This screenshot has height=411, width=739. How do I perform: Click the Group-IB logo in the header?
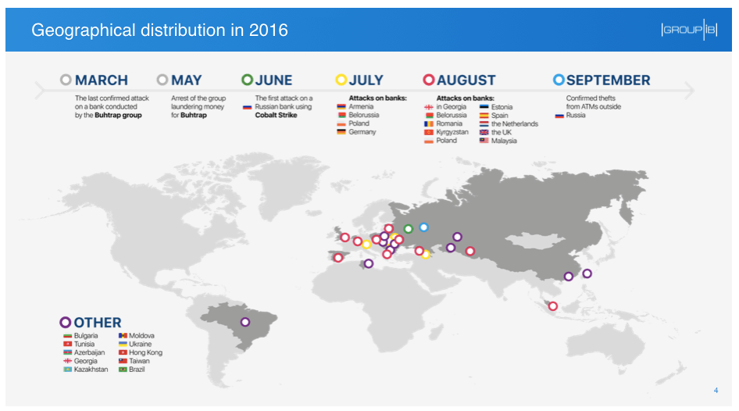[x=688, y=30]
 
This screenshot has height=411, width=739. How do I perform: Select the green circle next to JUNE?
[x=248, y=80]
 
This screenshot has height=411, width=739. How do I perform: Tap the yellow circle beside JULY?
[x=341, y=80]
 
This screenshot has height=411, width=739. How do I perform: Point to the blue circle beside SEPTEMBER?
[x=559, y=80]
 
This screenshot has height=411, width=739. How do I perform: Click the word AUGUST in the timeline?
[x=466, y=80]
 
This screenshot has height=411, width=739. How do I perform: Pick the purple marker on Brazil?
[x=245, y=322]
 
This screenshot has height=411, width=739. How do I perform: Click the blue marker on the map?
[x=423, y=227]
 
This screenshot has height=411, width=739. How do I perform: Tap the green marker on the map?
[x=408, y=229]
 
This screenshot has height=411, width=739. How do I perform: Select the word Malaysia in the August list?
[x=504, y=141]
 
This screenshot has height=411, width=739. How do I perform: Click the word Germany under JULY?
[x=362, y=132]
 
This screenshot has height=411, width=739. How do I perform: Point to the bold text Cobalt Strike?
[x=277, y=115]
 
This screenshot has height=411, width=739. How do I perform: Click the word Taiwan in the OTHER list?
[x=140, y=361]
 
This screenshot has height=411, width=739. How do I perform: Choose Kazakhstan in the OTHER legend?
[x=91, y=370]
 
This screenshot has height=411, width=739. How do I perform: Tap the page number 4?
[x=716, y=391]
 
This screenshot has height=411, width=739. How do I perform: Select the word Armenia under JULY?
[x=361, y=107]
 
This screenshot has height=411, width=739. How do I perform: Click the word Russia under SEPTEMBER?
[x=576, y=116]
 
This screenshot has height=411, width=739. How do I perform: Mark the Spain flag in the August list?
[x=484, y=116]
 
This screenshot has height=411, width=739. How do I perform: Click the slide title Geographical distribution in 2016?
[x=159, y=30]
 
